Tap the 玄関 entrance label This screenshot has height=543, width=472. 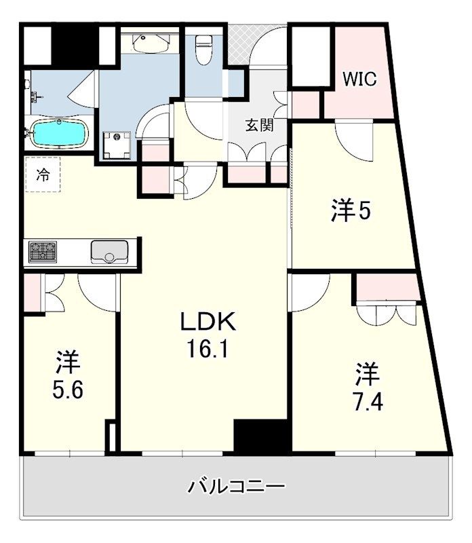click(x=258, y=126)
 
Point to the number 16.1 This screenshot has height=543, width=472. click(x=206, y=350)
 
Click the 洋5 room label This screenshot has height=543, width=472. click(x=351, y=211)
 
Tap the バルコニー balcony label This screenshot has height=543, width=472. click(x=236, y=486)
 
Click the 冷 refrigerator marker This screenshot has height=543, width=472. click(x=43, y=174)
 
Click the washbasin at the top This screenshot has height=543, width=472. click(x=149, y=43)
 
